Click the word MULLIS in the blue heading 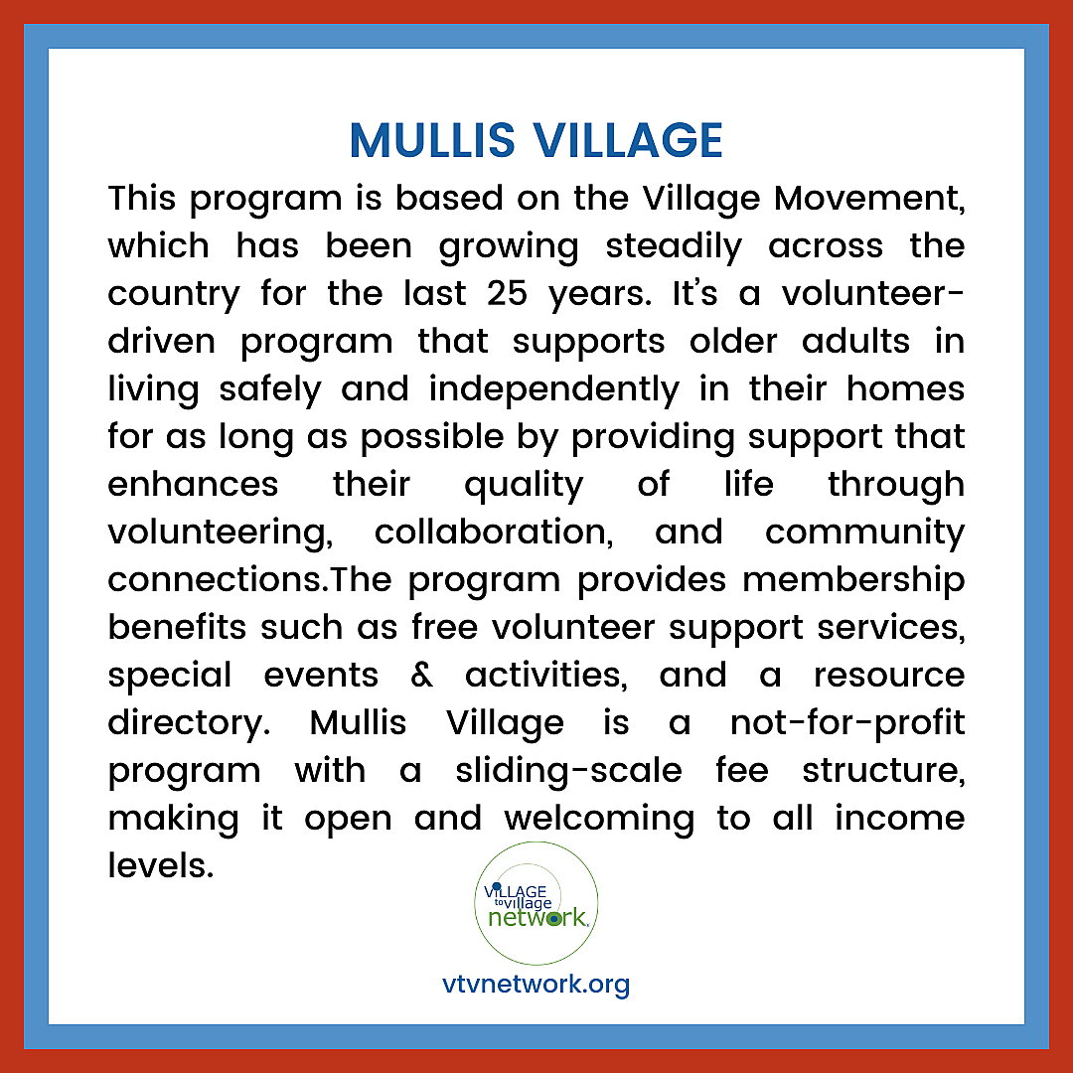pos(432,141)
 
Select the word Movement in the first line pos(869,199)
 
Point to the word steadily pos(674,247)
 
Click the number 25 pos(507,293)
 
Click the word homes pos(905,388)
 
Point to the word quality pos(524,486)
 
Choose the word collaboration pos(494,533)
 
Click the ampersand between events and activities pos(421,676)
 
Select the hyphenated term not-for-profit pos(847,723)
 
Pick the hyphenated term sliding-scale pos(568,771)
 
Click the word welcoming pos(599,819)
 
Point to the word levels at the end pos(161,865)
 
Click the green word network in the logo pos(537,918)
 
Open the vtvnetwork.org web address pos(536,985)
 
